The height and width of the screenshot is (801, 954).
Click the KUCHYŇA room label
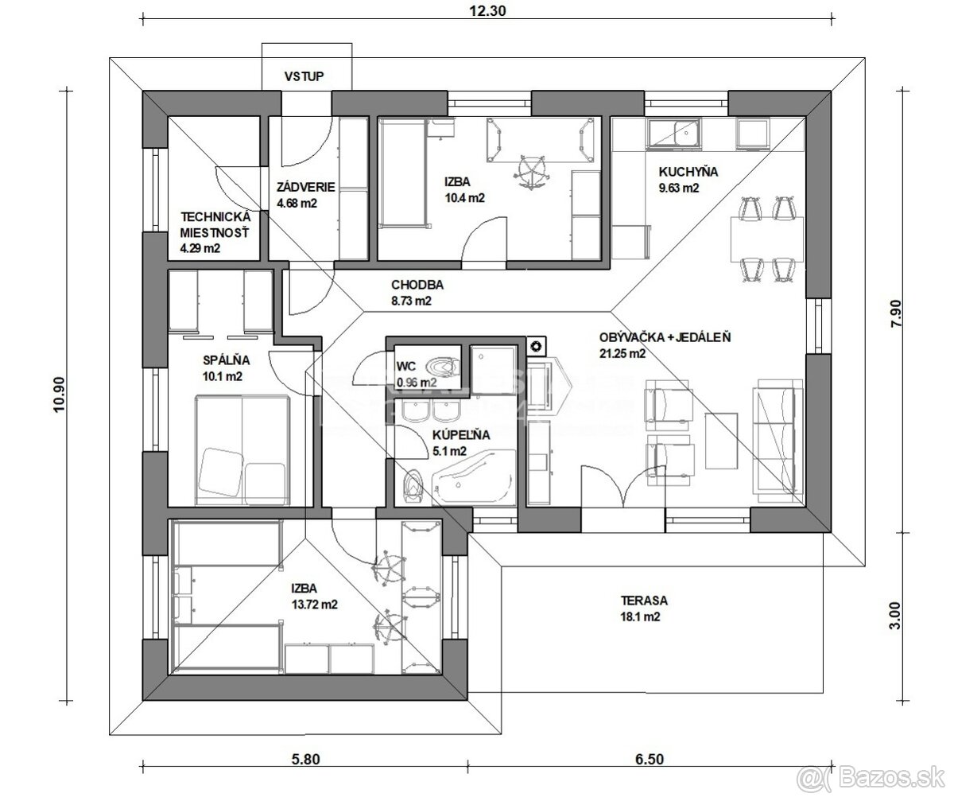[688, 172]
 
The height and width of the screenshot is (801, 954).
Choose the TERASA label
[644, 601]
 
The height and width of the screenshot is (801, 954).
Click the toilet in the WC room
[442, 367]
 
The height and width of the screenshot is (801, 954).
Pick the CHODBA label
[417, 285]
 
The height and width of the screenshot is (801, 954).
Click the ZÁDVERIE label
[305, 188]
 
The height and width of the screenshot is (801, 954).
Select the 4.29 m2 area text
[200, 248]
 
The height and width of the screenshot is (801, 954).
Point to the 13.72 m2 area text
[313, 605]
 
